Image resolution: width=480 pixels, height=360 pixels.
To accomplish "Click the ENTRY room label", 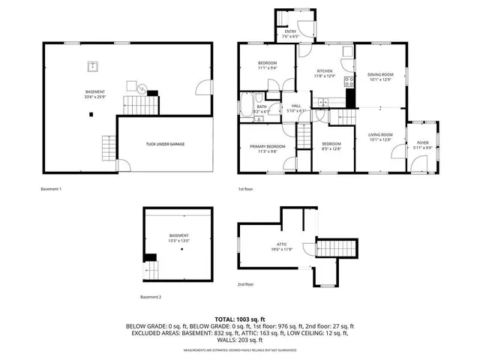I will click(x=290, y=31).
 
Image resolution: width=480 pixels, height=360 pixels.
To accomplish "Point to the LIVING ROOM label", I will click(x=379, y=135).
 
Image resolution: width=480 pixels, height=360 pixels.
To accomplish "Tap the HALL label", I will click(x=295, y=106).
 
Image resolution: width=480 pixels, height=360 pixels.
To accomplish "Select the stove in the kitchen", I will click(x=348, y=82).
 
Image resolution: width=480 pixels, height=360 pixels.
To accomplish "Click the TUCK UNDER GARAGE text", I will click(x=165, y=144).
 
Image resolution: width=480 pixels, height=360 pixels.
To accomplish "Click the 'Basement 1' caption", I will click(x=51, y=189).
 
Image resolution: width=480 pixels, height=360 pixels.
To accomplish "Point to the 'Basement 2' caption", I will click(x=151, y=297).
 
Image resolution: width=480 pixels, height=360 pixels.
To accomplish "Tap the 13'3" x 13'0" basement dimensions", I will click(x=178, y=241).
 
